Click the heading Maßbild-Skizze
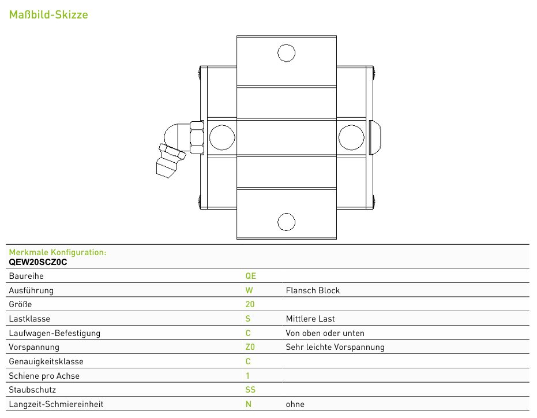coord(48,14)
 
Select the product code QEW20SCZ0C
coord(38,262)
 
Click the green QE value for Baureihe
coord(251,276)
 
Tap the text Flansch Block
coord(313,290)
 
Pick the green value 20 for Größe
coord(250,304)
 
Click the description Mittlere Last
coord(310,319)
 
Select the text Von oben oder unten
coord(325,333)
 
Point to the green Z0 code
coord(250,347)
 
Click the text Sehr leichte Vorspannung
coord(335,347)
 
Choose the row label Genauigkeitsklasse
coord(46,361)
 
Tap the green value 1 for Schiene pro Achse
coord(247,376)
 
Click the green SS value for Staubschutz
coord(250,390)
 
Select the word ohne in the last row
coord(295,404)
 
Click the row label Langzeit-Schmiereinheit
coord(56,404)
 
